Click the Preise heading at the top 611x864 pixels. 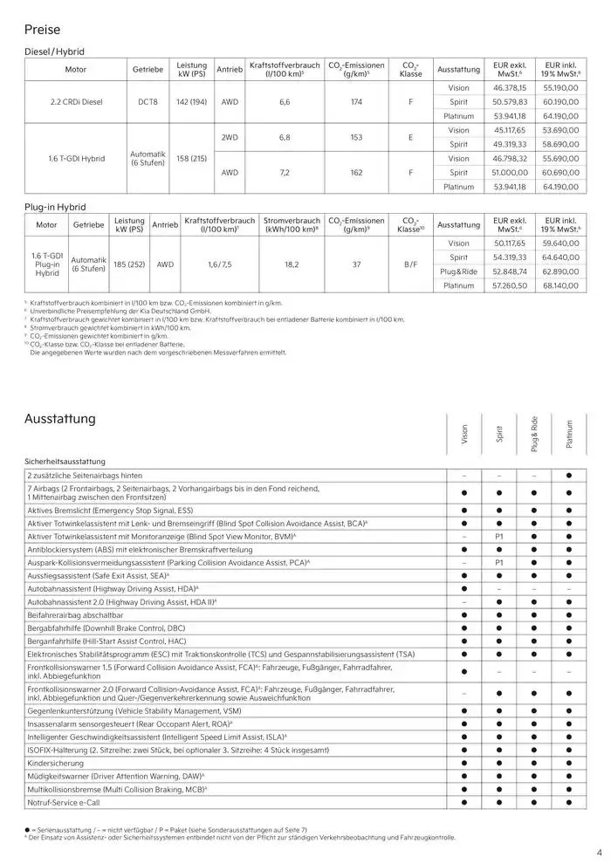tap(43, 30)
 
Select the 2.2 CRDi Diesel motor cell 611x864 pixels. tap(76, 102)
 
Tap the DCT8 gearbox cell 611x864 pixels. tap(148, 102)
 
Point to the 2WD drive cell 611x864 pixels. tap(230, 137)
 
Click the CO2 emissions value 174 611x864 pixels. tap(356, 102)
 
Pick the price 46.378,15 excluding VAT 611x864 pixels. tap(509, 88)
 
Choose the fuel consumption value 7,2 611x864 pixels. tap(284, 173)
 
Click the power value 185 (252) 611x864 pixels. tap(129, 264)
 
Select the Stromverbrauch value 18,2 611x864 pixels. tap(292, 264)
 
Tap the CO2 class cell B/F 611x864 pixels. tap(409, 264)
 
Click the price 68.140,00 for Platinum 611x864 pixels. tap(561, 285)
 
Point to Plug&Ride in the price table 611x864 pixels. tap(458, 271)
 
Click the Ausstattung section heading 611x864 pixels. tap(60, 419)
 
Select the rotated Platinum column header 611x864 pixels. tap(568, 434)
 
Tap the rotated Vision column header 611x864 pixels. tap(464, 434)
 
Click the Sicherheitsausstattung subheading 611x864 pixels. tap(65, 460)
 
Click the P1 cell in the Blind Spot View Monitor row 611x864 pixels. tap(499, 536)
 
